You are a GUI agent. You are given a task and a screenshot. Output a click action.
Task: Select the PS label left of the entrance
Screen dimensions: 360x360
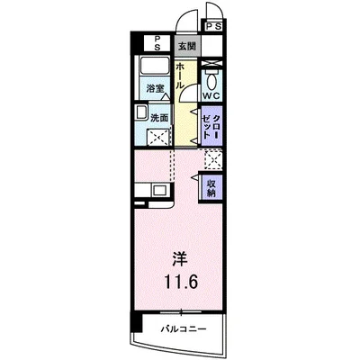(x=157, y=40)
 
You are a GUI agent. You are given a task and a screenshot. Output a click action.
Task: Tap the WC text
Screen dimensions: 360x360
(x=211, y=94)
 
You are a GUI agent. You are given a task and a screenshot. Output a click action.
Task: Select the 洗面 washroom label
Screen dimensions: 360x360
(x=159, y=117)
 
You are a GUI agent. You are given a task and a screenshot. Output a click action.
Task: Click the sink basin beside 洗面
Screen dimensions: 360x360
(x=141, y=112)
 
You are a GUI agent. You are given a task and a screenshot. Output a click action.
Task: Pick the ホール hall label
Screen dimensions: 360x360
(x=181, y=73)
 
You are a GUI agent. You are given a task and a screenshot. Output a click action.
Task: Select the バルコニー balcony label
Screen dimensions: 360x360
(x=184, y=328)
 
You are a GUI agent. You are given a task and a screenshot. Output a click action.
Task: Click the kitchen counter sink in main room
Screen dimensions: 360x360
(x=158, y=190)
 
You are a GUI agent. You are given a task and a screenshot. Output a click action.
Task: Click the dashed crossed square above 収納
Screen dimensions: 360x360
(x=212, y=159)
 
